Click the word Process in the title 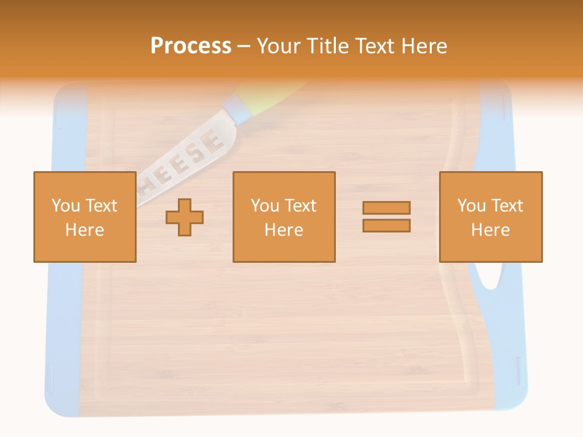pyautogui.click(x=191, y=46)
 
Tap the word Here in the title pyautogui.click(x=424, y=46)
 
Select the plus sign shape pyautogui.click(x=185, y=217)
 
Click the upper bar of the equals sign pyautogui.click(x=386, y=208)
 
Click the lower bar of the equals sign pyautogui.click(x=386, y=226)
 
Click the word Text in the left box pyautogui.click(x=101, y=206)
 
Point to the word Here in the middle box pyautogui.click(x=284, y=230)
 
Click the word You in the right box pyautogui.click(x=471, y=206)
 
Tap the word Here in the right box pyautogui.click(x=491, y=230)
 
